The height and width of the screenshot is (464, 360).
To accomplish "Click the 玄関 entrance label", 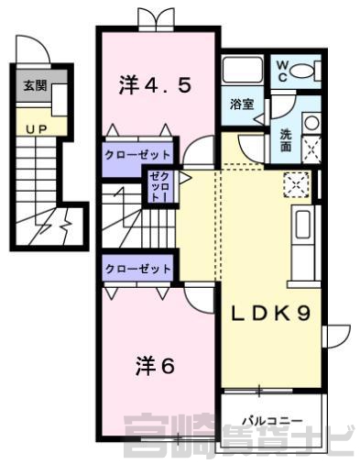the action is tap(35, 86).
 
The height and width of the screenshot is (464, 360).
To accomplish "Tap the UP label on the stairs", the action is tap(37, 129).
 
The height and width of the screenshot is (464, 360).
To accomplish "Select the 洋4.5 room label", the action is tap(155, 85).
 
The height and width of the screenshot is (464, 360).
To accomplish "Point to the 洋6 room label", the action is tap(155, 366).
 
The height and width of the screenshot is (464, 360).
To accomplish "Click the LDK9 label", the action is tap(270, 314).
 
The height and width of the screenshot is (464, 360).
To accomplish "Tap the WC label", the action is tap(282, 72).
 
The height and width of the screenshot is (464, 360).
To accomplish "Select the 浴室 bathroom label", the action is tap(242, 105).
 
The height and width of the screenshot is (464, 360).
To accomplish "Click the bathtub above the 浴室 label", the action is tap(243, 70).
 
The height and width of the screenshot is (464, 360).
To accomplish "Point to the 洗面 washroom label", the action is tap(286, 141).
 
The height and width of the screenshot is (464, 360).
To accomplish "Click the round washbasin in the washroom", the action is tap(311, 124).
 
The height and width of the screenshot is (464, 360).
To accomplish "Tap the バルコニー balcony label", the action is tap(272, 421).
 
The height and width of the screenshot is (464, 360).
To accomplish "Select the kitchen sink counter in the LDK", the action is tap(303, 242).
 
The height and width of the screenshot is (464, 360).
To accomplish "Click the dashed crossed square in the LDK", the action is tap(296, 184).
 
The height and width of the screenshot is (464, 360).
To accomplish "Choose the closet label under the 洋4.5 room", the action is tap(137, 155).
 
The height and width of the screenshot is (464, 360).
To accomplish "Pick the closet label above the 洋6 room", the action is tap(137, 269).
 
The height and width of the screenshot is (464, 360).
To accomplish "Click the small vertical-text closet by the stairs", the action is tap(159, 187).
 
